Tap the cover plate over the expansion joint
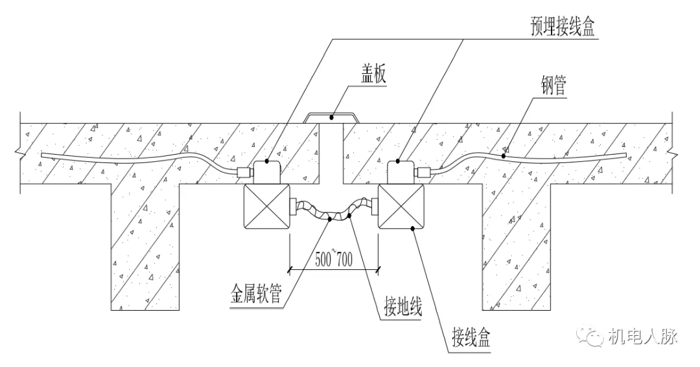(331, 117)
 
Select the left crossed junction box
(266, 206)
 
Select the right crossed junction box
(401, 206)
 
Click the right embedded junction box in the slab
(402, 172)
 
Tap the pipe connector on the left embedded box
(244, 173)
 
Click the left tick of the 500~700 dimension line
(290, 267)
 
